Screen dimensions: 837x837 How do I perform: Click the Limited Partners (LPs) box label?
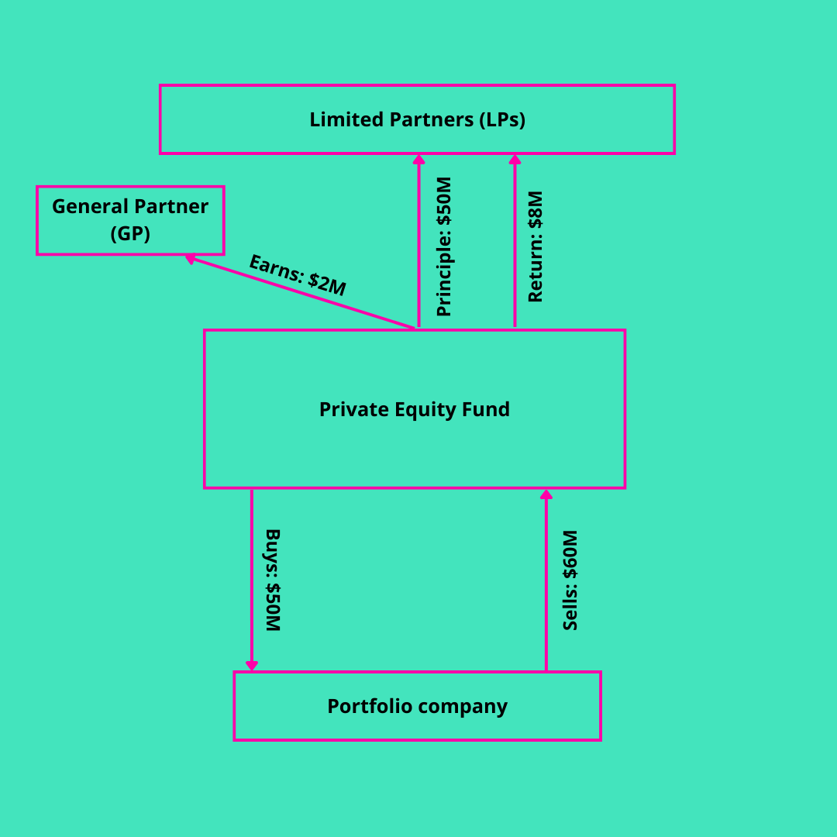click(x=417, y=119)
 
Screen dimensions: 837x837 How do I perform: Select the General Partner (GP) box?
click(x=130, y=220)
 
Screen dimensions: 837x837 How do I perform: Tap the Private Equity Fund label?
click(x=415, y=409)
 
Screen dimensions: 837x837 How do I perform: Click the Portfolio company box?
click(x=417, y=706)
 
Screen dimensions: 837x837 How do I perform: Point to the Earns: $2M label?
click(x=297, y=275)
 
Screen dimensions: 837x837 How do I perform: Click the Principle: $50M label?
click(x=444, y=246)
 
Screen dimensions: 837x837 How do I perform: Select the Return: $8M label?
click(x=536, y=246)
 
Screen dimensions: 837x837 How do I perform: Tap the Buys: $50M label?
click(x=272, y=580)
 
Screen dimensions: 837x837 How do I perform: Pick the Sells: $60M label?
click(x=570, y=580)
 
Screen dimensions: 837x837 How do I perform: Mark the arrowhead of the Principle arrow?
click(x=418, y=159)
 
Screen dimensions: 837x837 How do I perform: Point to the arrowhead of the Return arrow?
click(x=515, y=159)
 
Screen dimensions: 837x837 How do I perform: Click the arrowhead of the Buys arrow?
click(x=252, y=666)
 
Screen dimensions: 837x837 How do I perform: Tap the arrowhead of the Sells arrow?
click(x=546, y=494)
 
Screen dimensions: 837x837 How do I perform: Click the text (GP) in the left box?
click(x=130, y=233)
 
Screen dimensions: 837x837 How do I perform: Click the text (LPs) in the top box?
click(x=502, y=119)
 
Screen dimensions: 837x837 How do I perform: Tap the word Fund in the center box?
click(x=486, y=409)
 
